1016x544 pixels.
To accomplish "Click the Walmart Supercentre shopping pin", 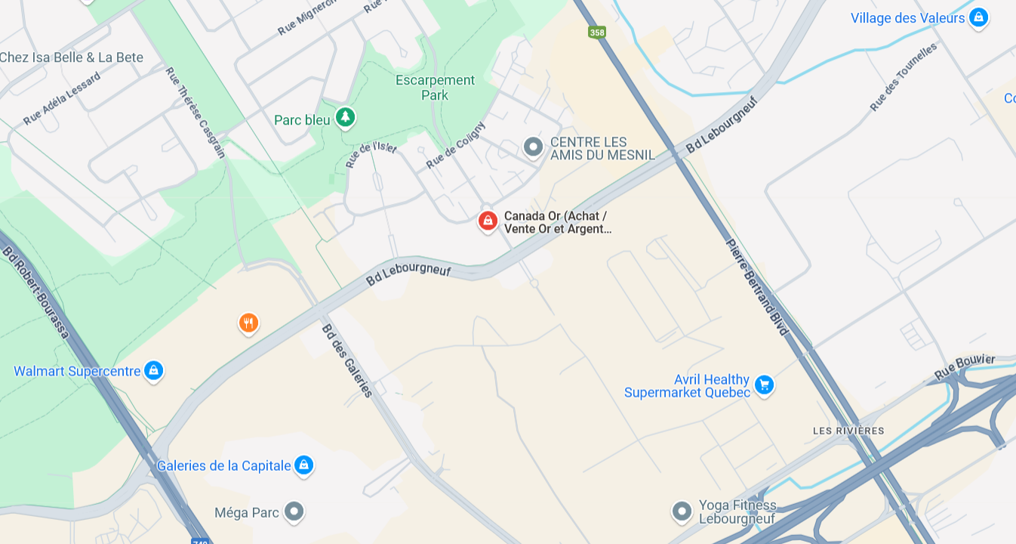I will (x=153, y=370).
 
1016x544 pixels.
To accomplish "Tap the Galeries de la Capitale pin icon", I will (x=303, y=465).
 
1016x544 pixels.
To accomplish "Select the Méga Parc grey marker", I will (x=294, y=512).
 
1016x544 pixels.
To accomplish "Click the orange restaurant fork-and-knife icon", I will (x=248, y=323).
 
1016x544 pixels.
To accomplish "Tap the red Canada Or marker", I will (x=488, y=221).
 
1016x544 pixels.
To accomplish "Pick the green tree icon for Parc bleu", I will (x=345, y=117).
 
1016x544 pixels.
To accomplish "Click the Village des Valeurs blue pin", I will (x=978, y=17).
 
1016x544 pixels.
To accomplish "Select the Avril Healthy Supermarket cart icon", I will (x=764, y=385).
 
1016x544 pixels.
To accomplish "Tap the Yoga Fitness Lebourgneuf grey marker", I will (x=682, y=512).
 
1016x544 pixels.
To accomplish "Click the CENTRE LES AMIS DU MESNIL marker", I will (x=533, y=147).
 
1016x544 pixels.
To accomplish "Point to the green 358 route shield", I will (x=597, y=32).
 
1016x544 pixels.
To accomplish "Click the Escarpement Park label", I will (x=436, y=88).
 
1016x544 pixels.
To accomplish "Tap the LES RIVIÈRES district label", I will (x=848, y=431).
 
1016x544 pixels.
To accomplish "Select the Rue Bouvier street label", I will (x=965, y=366).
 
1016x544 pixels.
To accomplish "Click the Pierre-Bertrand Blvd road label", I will (x=757, y=287).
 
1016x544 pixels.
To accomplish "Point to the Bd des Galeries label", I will (x=347, y=360).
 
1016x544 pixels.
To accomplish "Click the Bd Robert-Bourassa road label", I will (x=35, y=292).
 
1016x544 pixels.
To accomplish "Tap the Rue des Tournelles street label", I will (x=903, y=76).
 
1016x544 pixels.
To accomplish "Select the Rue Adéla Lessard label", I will (x=62, y=98).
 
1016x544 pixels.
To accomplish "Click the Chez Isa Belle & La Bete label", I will (x=72, y=57).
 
